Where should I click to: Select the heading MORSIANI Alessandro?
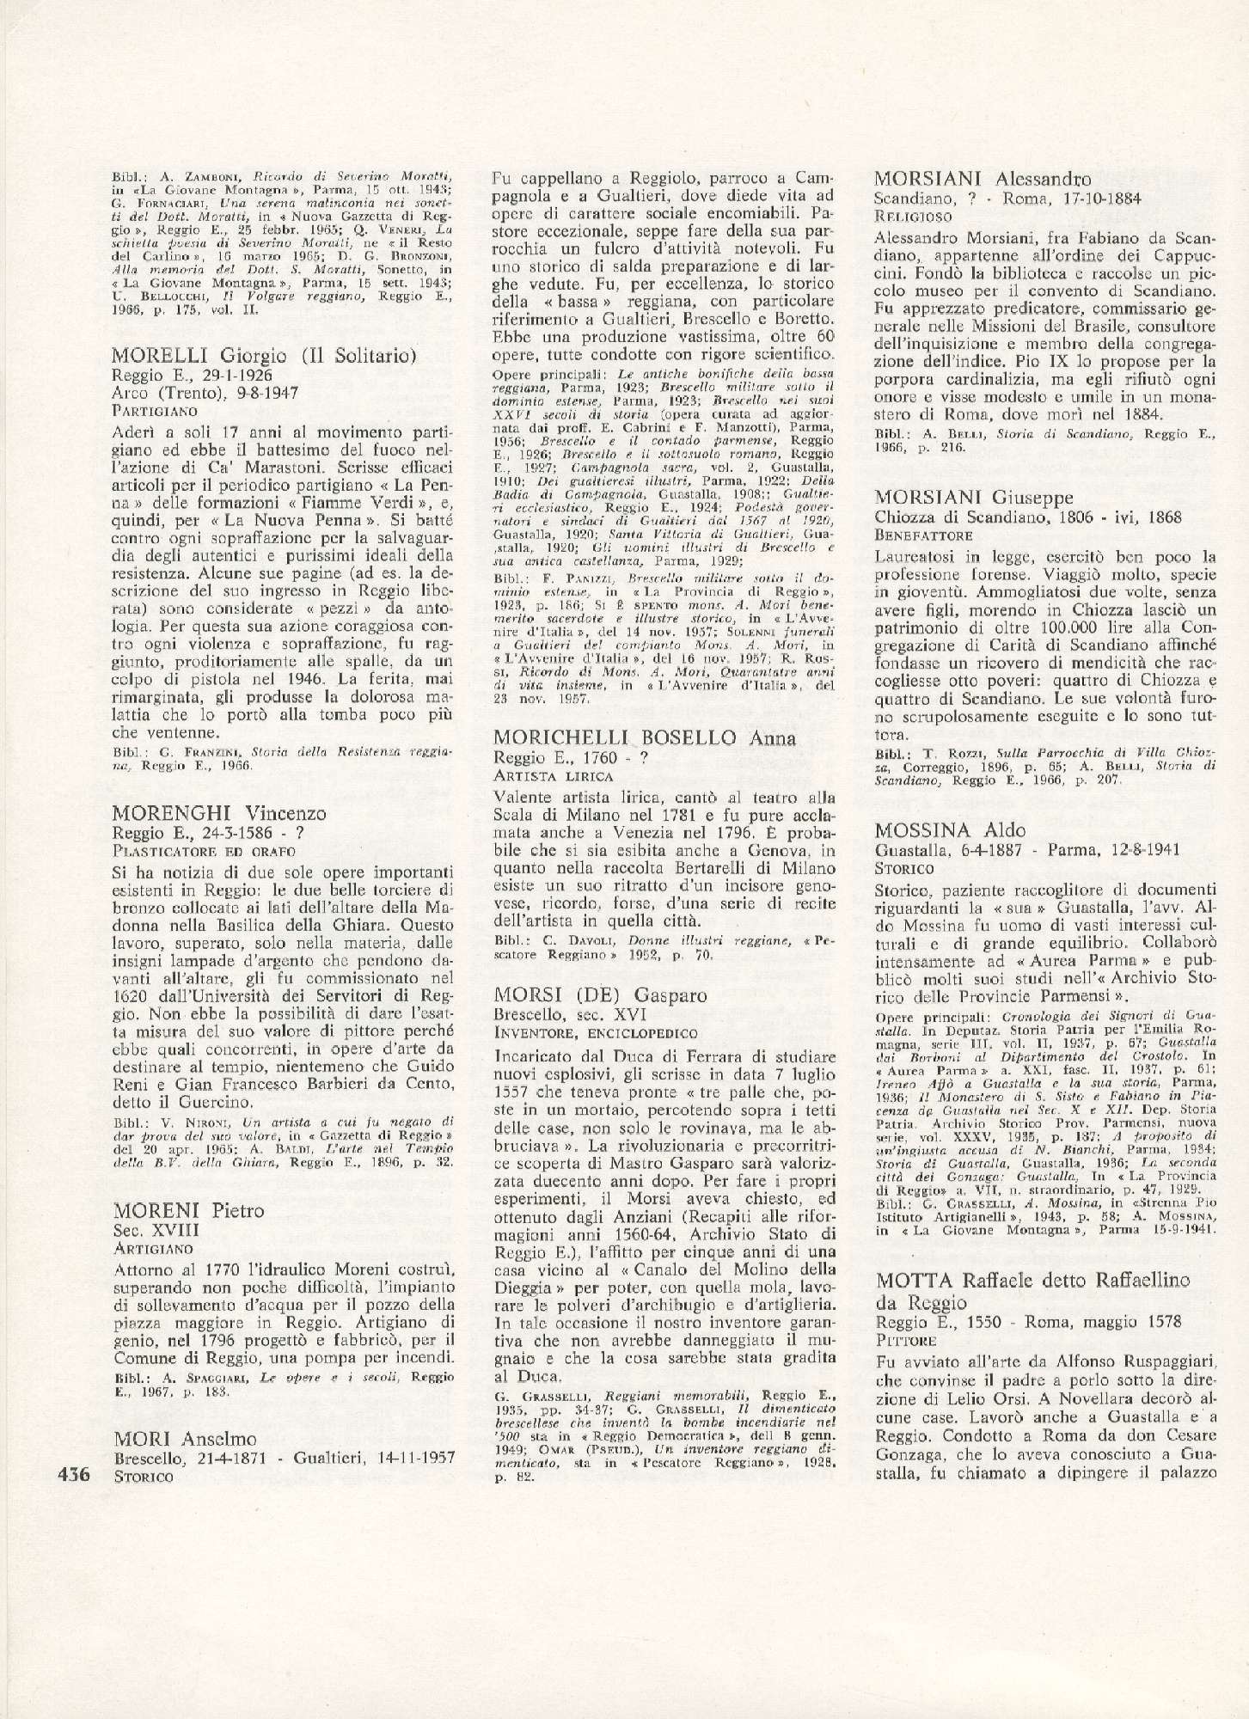(983, 180)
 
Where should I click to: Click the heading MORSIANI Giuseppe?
(974, 498)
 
